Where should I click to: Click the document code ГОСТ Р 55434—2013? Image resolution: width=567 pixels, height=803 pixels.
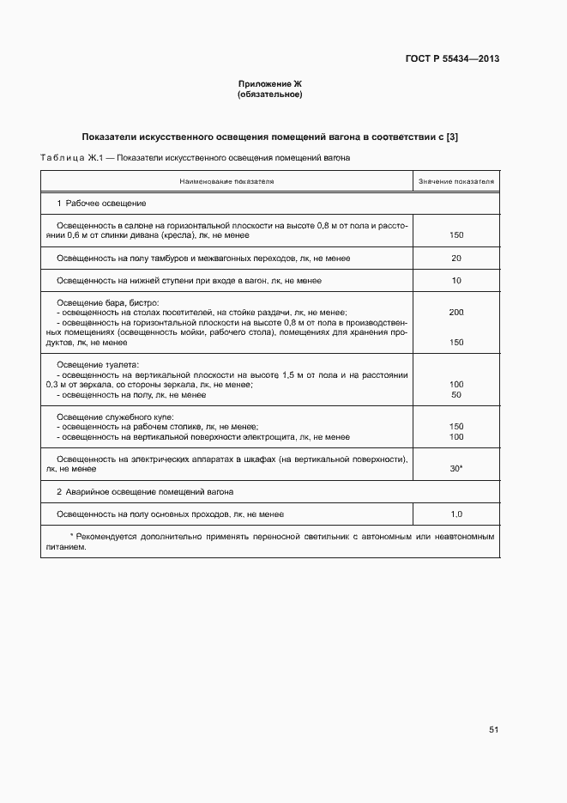click(451, 59)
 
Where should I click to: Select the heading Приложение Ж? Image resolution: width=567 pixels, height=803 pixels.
click(270, 83)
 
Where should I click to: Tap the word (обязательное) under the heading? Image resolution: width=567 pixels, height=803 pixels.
click(270, 94)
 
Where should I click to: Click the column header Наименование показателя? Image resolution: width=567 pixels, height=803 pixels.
click(226, 182)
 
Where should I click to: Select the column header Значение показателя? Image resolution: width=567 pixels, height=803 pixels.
click(455, 182)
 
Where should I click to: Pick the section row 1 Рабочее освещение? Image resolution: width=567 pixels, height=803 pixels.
click(101, 204)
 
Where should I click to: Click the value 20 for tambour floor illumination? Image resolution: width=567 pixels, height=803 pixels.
click(455, 258)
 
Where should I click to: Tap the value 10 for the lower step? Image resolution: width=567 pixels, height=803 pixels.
click(455, 281)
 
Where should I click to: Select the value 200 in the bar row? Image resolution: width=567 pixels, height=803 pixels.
click(455, 313)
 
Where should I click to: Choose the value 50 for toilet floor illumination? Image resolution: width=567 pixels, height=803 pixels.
click(455, 394)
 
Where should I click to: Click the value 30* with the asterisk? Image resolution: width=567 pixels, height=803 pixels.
click(455, 469)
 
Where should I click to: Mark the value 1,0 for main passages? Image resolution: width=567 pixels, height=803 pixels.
click(455, 514)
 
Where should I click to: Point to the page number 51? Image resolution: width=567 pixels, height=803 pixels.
click(493, 729)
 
